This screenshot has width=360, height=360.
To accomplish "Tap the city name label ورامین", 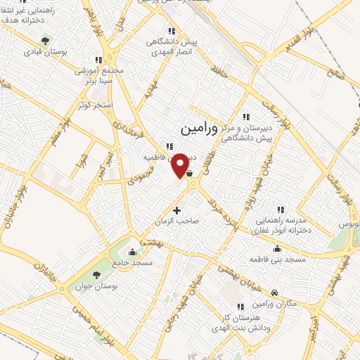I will click(x=190, y=129).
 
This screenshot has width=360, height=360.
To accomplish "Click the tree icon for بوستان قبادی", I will click(x=46, y=41).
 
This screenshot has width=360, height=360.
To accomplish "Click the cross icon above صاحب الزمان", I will click(x=176, y=210).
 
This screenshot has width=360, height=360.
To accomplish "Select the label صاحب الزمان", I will click(x=179, y=220).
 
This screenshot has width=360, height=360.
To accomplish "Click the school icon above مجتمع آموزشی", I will click(x=100, y=60).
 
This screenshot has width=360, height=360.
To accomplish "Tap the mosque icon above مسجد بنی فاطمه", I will click(x=278, y=248).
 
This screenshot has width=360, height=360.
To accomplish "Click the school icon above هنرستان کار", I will click(x=242, y=306).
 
